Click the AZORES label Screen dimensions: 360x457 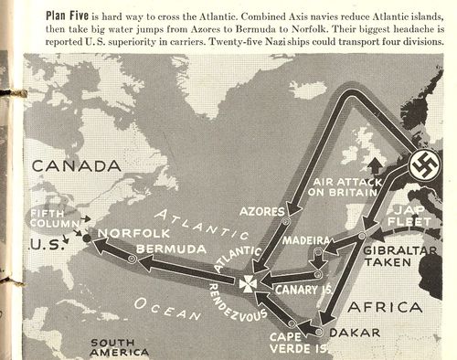pos(260,211)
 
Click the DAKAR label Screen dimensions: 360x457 pos(352,333)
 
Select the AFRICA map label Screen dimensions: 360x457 pos(406,304)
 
